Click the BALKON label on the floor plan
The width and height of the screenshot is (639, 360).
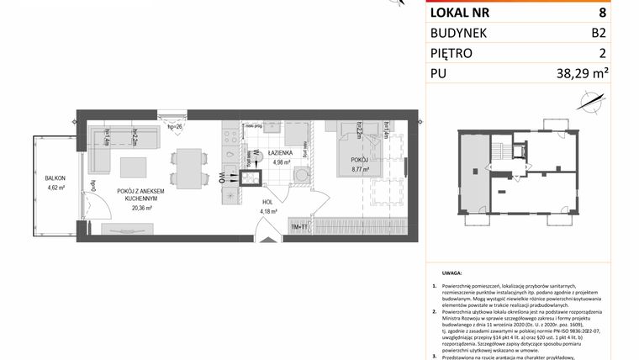[x=55, y=179]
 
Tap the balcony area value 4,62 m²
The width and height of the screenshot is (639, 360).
[x=55, y=189]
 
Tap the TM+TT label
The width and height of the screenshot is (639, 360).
[x=300, y=227]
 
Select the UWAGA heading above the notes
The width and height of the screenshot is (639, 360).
[x=451, y=273]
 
